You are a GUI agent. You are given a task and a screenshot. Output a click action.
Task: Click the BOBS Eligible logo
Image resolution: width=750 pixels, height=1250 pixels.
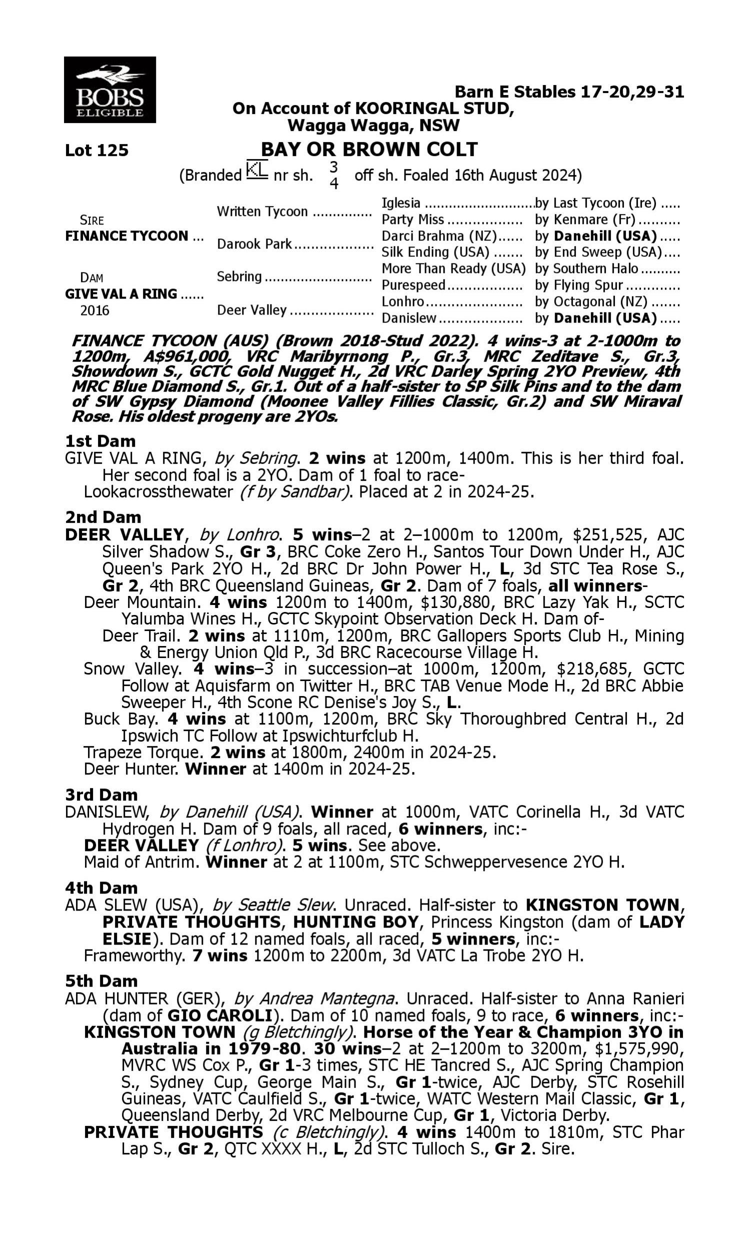(x=109, y=89)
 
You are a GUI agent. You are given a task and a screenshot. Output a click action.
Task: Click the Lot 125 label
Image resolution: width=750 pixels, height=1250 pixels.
(x=96, y=150)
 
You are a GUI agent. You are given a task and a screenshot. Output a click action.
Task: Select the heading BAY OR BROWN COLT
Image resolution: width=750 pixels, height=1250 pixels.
(x=369, y=149)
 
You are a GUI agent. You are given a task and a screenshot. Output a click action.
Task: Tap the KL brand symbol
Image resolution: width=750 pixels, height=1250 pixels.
(x=256, y=170)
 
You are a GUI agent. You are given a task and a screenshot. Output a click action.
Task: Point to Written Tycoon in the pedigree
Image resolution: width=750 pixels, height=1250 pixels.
(x=262, y=211)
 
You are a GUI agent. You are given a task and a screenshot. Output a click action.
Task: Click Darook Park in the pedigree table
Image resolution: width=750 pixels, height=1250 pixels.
(x=254, y=244)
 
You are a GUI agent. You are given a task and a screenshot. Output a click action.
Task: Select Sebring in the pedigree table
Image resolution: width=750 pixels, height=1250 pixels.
(x=239, y=277)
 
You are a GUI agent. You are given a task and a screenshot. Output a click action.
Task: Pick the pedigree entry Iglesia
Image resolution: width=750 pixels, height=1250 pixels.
(x=401, y=203)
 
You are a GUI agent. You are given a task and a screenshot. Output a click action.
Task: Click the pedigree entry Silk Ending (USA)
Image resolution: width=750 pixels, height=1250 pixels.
(x=435, y=252)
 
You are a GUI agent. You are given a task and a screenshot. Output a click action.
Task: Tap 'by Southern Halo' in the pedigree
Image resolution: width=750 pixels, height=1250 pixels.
(x=586, y=269)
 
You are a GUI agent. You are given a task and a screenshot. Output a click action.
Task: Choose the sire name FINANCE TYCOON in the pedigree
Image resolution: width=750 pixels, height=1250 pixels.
(x=126, y=236)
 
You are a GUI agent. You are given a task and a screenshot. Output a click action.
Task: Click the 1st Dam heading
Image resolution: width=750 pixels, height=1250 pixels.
(x=100, y=441)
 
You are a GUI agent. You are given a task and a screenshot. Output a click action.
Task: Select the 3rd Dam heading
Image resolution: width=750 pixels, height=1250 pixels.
(x=101, y=795)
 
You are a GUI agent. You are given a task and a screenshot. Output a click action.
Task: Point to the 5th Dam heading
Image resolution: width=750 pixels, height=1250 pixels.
(x=101, y=980)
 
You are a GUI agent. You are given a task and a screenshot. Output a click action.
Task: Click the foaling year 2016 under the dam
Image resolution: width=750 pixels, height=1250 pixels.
(x=94, y=310)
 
